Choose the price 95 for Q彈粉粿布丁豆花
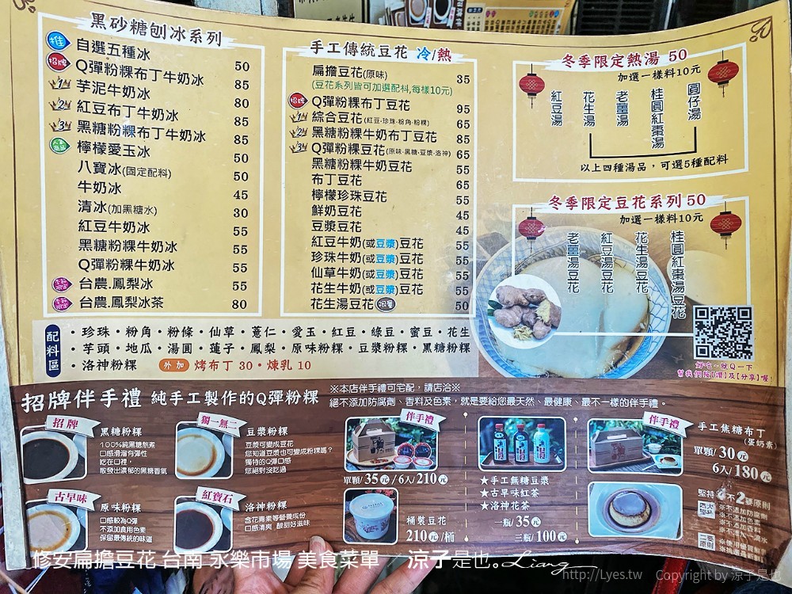click(463, 109)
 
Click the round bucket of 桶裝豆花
click(369, 516)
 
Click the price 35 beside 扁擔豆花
click(463, 79)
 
